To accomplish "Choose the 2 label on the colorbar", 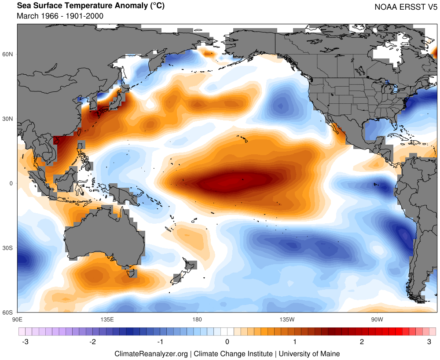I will (362, 342).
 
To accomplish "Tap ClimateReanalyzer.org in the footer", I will (151, 353).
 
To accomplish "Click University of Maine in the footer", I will (309, 353).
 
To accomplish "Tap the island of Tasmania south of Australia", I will (131, 273).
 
